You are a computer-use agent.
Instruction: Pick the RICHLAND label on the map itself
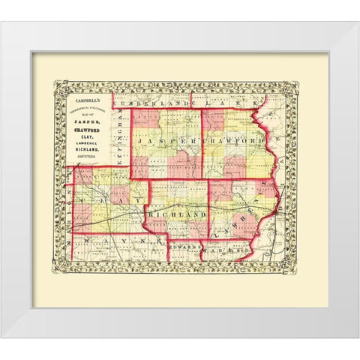178,215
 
